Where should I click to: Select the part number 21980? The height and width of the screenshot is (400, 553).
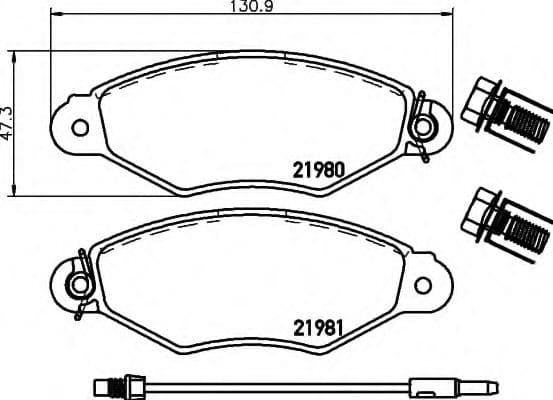[320, 170]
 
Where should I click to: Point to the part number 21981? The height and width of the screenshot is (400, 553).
[319, 326]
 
